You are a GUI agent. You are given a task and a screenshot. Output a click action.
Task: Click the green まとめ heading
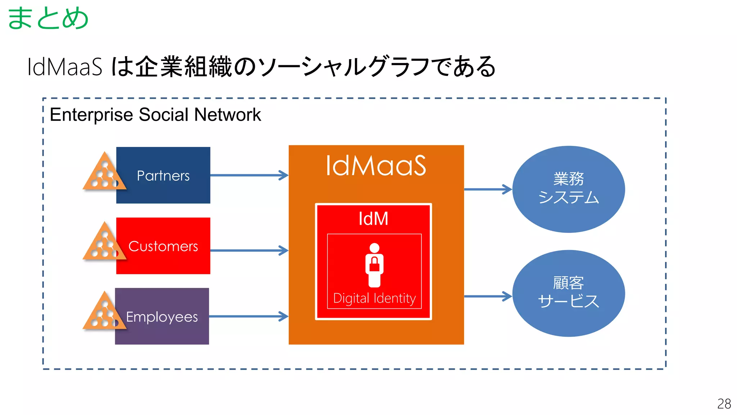pyautogui.click(x=48, y=18)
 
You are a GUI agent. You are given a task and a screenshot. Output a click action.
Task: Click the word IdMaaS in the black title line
pyautogui.click(x=65, y=67)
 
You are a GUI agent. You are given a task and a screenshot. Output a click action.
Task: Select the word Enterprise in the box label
pyautogui.click(x=91, y=115)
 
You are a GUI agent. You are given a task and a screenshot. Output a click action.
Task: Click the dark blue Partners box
pyautogui.click(x=163, y=175)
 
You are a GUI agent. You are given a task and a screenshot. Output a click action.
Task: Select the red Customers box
pyautogui.click(x=163, y=246)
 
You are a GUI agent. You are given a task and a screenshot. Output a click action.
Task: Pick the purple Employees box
pyautogui.click(x=162, y=317)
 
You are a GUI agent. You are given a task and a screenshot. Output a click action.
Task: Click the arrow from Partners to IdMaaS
pyautogui.click(x=249, y=175)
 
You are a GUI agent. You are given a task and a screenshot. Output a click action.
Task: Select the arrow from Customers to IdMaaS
pyautogui.click(x=249, y=250)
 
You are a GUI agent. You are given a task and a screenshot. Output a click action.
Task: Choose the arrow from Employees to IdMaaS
pyautogui.click(x=248, y=317)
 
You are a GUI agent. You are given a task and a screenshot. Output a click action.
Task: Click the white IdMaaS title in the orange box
pyautogui.click(x=376, y=166)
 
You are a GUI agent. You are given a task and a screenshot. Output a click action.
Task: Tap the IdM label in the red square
pyautogui.click(x=374, y=219)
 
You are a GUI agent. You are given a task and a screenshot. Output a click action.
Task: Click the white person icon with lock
pyautogui.click(x=374, y=265)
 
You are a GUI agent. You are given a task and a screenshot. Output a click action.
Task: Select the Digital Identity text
pyautogui.click(x=374, y=298)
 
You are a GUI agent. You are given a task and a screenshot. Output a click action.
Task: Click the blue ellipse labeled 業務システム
pyautogui.click(x=569, y=189)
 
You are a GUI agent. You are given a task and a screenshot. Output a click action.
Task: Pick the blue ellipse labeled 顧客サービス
pyautogui.click(x=569, y=293)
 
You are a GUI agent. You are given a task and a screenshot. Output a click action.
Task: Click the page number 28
pyautogui.click(x=724, y=403)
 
